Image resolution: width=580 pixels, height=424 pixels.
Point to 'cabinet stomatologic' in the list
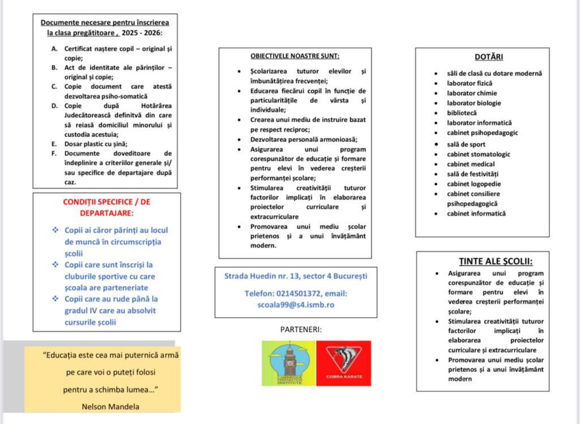tap(478, 154)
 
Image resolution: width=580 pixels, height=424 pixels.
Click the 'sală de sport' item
tap(466, 144)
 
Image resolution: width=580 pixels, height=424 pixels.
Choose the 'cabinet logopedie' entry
tap(474, 183)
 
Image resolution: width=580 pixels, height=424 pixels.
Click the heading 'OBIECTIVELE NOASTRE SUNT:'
tap(295, 56)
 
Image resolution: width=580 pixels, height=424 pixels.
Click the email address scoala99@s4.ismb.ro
tap(296, 304)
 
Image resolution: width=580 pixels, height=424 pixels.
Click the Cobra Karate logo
tap(343, 363)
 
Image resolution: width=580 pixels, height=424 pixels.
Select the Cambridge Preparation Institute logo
tap(288, 363)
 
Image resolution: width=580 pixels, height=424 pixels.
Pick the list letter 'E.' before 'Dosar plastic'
tap(53, 143)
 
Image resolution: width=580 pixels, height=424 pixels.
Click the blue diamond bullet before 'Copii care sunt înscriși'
tap(55, 264)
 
